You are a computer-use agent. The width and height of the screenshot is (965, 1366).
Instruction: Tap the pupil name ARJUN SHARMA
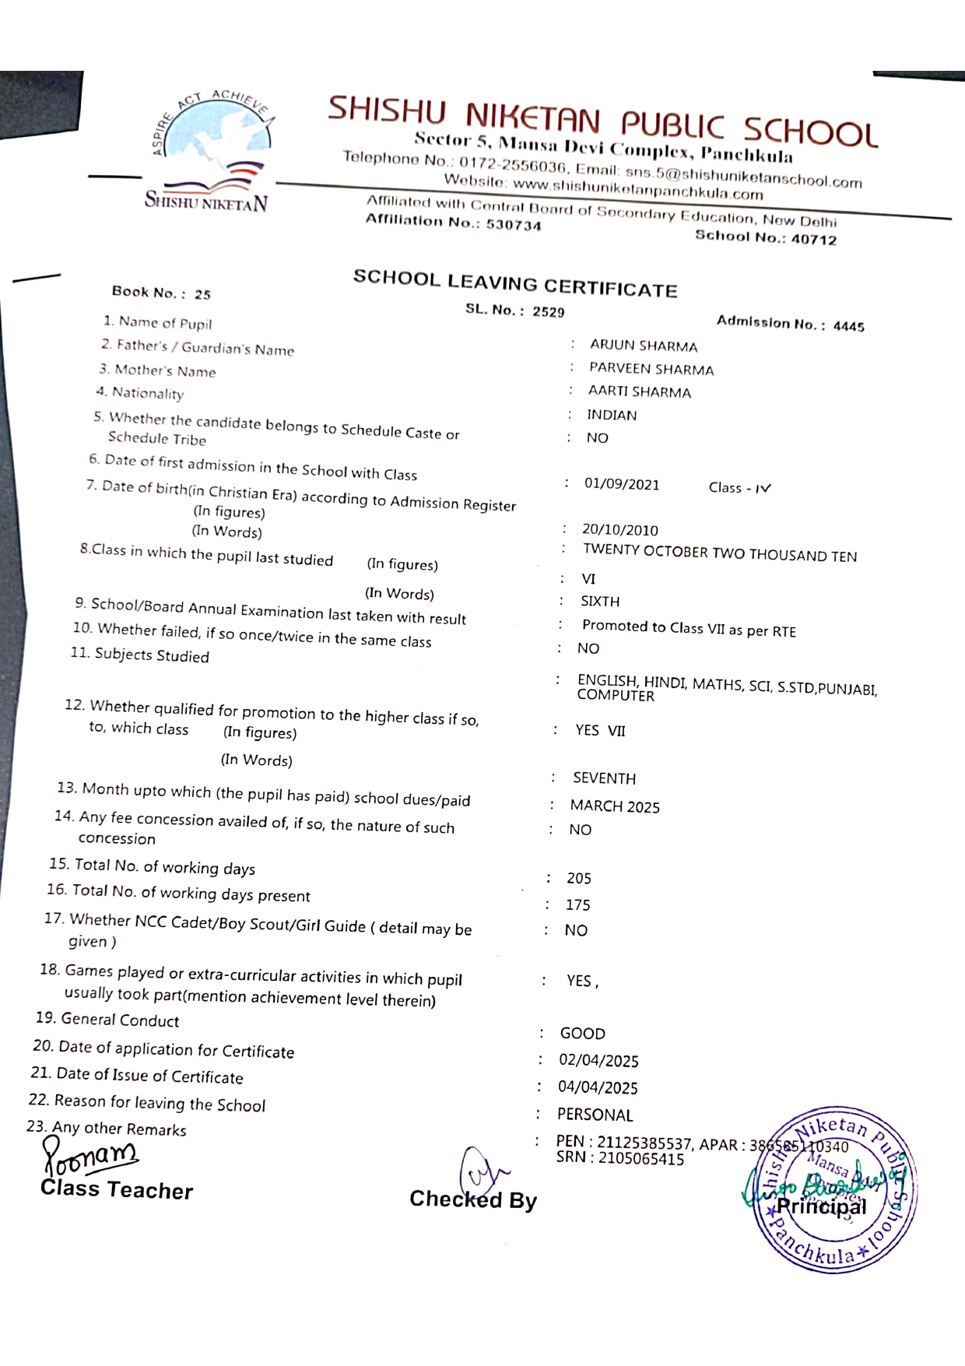pyautogui.click(x=643, y=346)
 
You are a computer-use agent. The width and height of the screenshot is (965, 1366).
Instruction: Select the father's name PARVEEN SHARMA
pyautogui.click(x=651, y=369)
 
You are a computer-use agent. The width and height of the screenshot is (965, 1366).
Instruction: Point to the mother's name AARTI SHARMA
pyautogui.click(x=639, y=392)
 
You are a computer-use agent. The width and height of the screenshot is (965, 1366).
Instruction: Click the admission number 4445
pyautogui.click(x=848, y=326)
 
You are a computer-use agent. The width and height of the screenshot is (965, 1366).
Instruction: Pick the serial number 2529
pyautogui.click(x=548, y=311)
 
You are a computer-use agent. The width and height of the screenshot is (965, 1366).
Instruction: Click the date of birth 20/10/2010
pyautogui.click(x=619, y=530)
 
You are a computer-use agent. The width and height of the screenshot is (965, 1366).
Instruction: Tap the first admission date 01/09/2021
pyautogui.click(x=621, y=484)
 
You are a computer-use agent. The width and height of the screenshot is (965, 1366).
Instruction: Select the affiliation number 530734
pyautogui.click(x=513, y=225)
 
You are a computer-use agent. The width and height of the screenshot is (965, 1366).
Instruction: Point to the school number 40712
pyautogui.click(x=813, y=239)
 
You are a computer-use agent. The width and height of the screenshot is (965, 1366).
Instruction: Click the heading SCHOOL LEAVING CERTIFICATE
pyautogui.click(x=515, y=283)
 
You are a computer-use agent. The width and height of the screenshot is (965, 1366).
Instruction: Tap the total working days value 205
pyautogui.click(x=578, y=878)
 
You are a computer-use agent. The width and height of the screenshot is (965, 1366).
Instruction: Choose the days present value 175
pyautogui.click(x=577, y=904)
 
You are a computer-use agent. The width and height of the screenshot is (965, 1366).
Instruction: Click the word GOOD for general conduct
pyautogui.click(x=582, y=1033)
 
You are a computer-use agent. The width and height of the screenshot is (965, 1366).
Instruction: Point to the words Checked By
pyautogui.click(x=473, y=1199)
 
